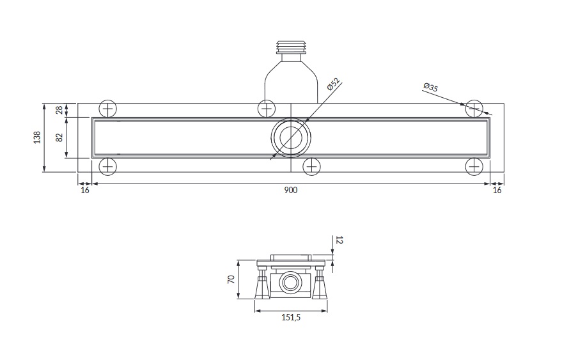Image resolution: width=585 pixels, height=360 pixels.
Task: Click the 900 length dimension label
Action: tap(291, 191)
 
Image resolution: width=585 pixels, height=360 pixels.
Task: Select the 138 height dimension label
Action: tap(36, 137)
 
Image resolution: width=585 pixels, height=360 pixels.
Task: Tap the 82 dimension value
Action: tap(59, 137)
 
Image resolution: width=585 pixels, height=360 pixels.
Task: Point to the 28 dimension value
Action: tap(59, 110)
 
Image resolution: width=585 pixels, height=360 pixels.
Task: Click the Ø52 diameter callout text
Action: tap(333, 84)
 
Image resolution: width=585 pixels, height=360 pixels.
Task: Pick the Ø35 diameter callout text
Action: tap(430, 87)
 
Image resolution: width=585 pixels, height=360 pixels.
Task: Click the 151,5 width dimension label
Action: tap(291, 317)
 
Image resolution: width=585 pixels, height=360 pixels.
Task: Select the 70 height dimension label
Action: tap(231, 279)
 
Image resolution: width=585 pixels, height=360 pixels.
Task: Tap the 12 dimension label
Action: tap(339, 240)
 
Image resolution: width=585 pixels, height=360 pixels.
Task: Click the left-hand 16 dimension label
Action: tap(85, 191)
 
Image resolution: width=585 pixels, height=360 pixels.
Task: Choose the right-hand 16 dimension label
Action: tap(497, 191)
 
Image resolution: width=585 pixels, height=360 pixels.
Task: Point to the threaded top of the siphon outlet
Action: tap(291, 45)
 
